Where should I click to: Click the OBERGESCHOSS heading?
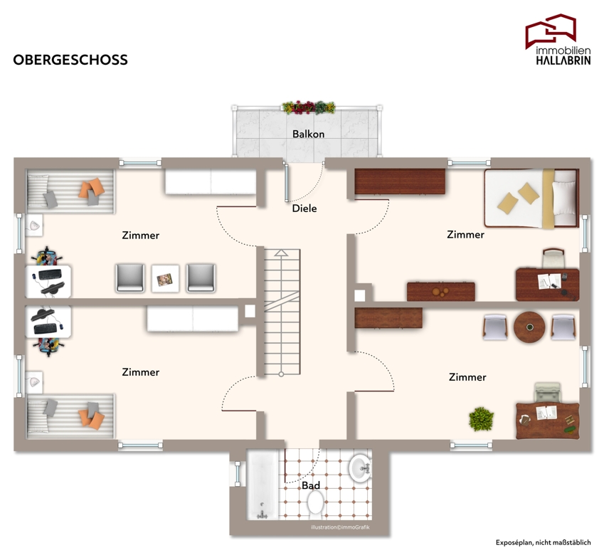(x=70, y=60)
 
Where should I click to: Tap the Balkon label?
(x=308, y=134)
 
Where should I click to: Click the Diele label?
(x=304, y=208)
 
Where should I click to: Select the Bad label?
(x=311, y=485)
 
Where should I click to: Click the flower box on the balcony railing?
(x=309, y=107)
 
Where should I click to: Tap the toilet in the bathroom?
(x=315, y=502)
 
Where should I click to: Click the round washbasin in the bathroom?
(x=360, y=468)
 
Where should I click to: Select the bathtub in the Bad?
(x=263, y=485)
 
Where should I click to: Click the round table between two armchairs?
(x=529, y=327)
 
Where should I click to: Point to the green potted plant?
(x=481, y=419)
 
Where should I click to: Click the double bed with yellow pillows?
(x=531, y=198)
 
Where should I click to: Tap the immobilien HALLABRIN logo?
(x=558, y=39)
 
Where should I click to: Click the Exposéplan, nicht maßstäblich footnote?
(x=543, y=543)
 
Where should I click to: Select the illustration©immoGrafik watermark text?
(x=340, y=527)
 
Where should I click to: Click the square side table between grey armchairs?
(x=165, y=278)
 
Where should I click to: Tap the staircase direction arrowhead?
(x=282, y=253)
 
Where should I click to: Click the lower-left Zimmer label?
(x=141, y=372)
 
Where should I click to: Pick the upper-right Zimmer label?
(x=465, y=235)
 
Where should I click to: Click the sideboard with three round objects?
(x=440, y=291)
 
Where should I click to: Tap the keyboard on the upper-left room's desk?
(x=50, y=275)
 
